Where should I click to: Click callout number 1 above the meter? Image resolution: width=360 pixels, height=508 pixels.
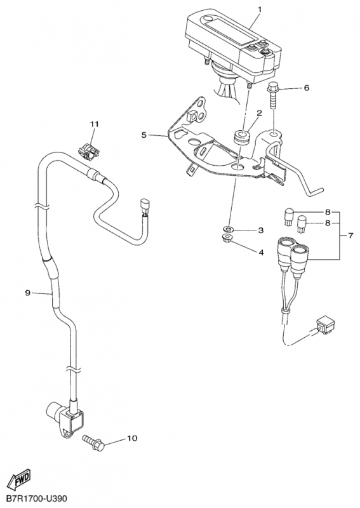click(x=259, y=9)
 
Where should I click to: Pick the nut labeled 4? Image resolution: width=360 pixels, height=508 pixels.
click(x=228, y=239)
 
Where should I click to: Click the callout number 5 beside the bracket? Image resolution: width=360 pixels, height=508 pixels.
click(x=144, y=135)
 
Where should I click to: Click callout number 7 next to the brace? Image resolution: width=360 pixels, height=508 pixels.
click(x=350, y=236)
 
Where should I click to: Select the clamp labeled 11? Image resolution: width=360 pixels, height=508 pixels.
click(x=87, y=151)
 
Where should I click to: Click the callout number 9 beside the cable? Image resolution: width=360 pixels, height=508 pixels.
click(x=27, y=293)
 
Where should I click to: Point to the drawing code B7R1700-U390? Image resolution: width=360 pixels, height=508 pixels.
click(x=36, y=498)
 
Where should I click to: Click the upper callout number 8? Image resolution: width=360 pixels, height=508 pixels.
click(x=328, y=212)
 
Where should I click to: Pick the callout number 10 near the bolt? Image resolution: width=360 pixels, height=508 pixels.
click(x=132, y=438)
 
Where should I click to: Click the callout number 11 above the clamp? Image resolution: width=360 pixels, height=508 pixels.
click(x=95, y=124)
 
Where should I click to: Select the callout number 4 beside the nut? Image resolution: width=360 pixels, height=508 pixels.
click(x=261, y=252)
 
